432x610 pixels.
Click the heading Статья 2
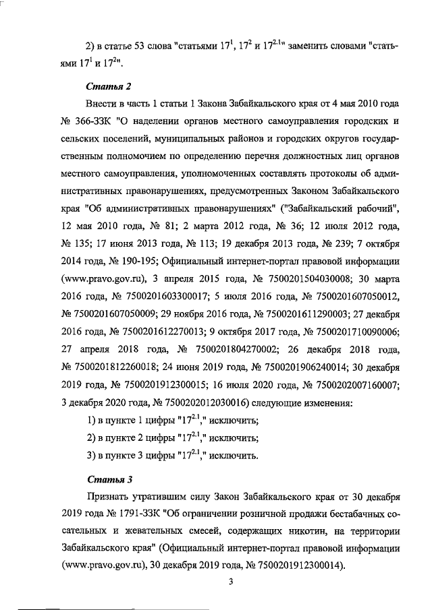point(106,87)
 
